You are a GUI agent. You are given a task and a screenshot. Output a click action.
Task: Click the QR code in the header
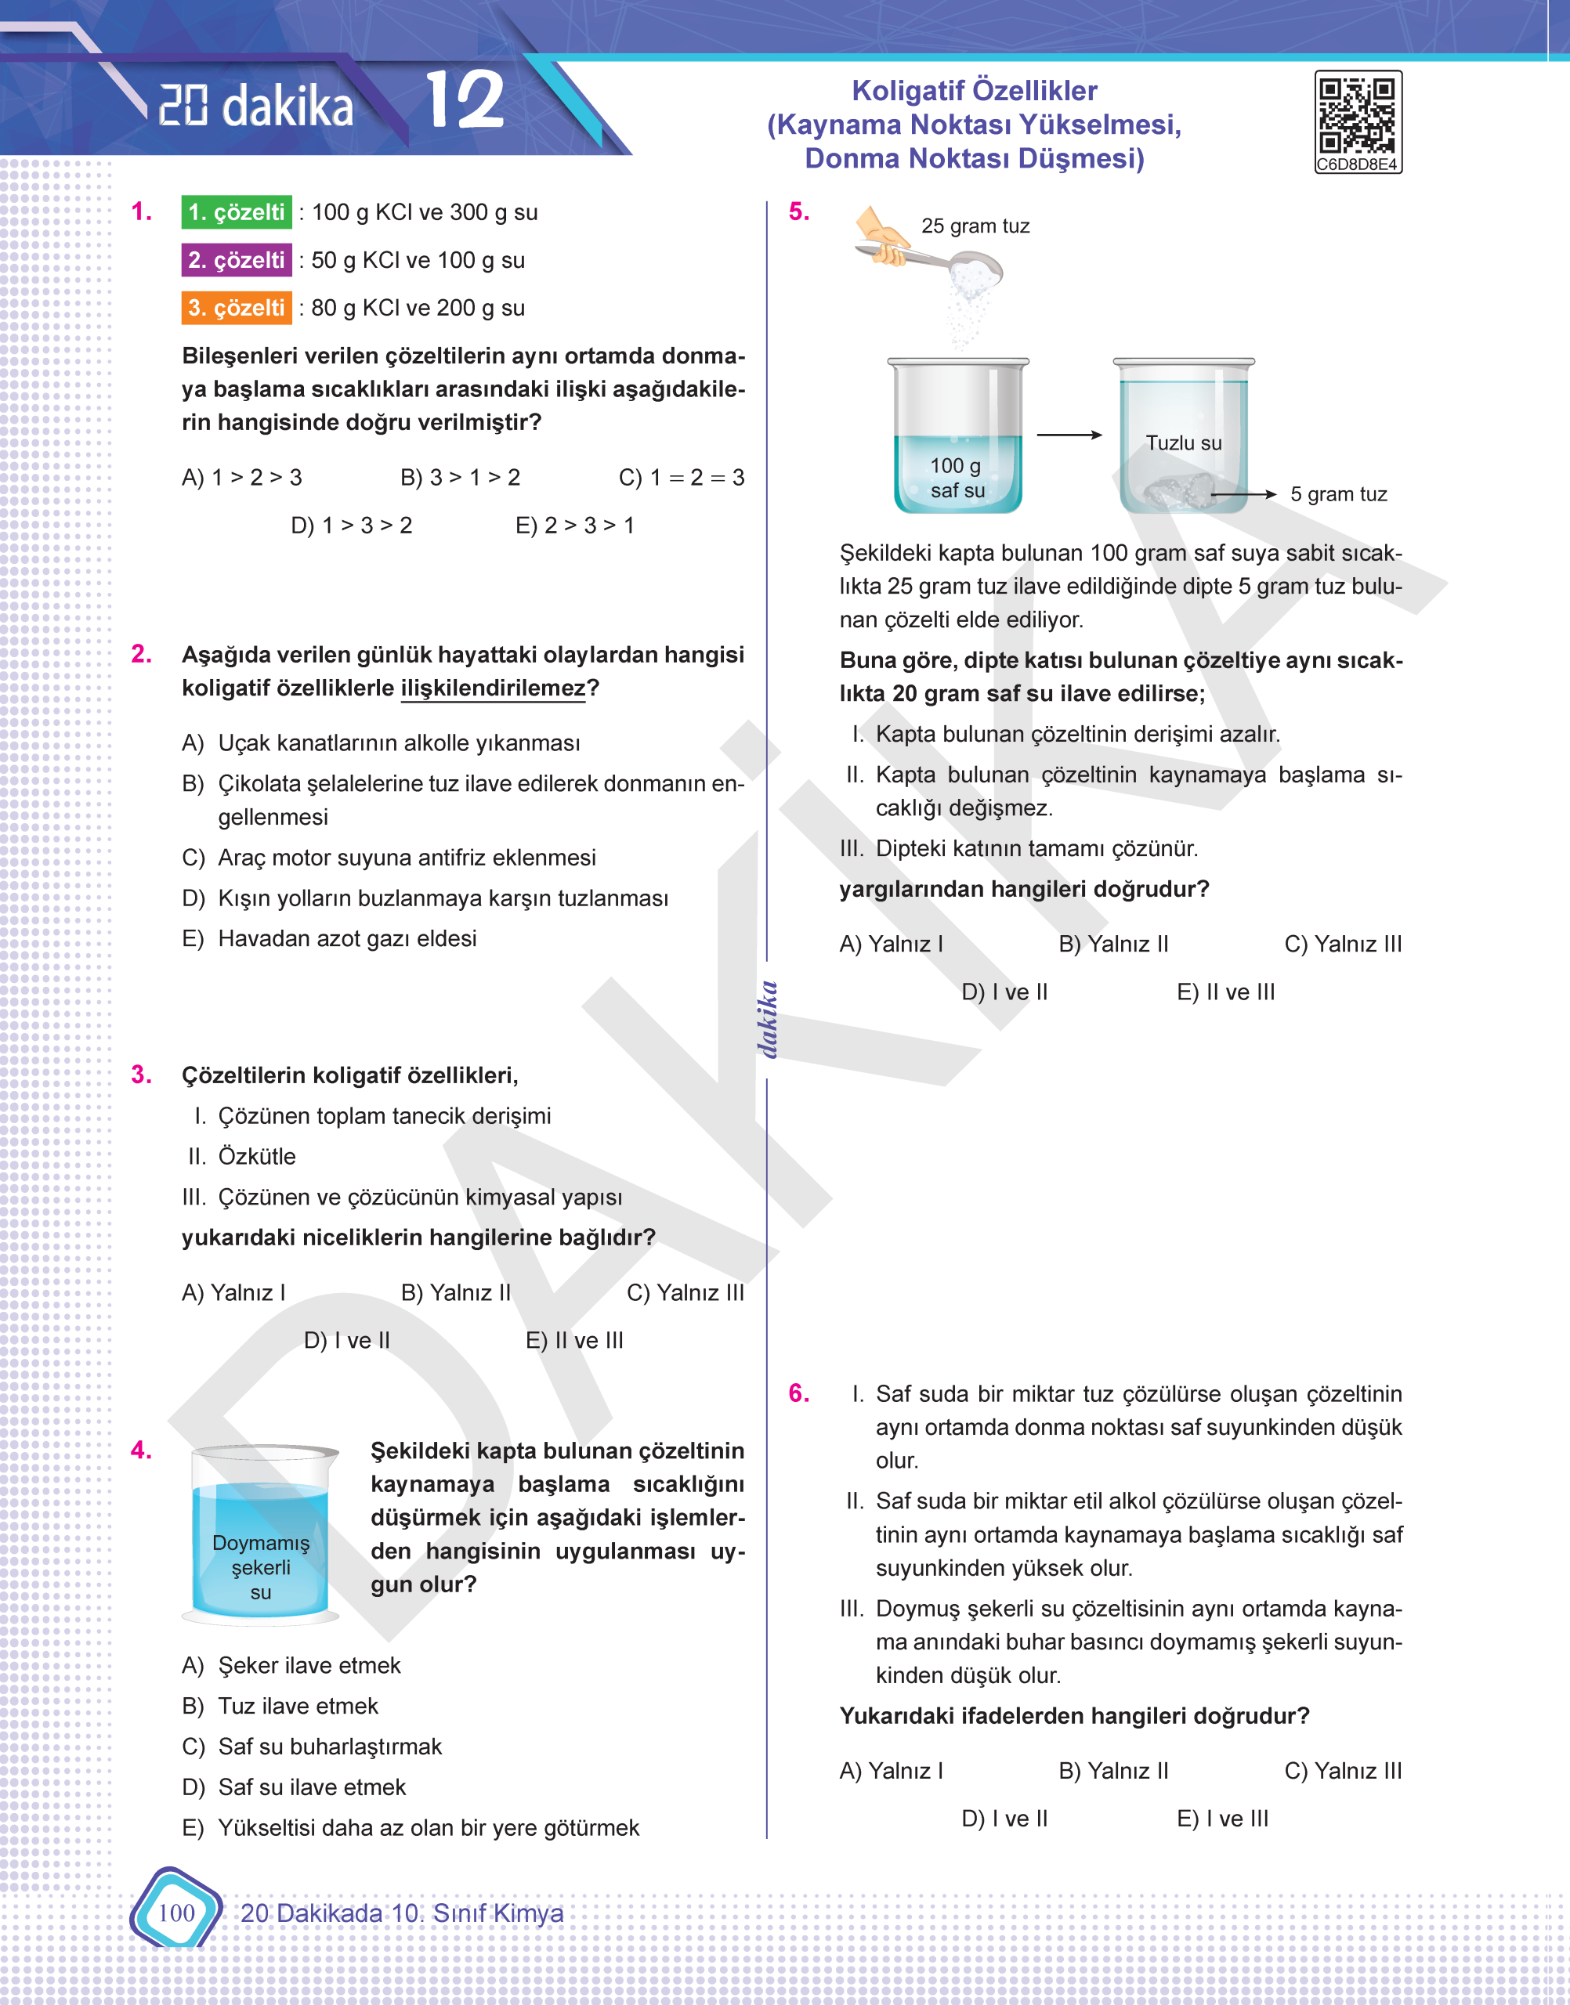point(1357,115)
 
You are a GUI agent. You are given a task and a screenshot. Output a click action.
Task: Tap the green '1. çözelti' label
point(237,212)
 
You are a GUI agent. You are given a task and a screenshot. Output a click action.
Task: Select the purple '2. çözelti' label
point(237,260)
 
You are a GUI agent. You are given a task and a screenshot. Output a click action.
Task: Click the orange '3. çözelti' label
point(237,308)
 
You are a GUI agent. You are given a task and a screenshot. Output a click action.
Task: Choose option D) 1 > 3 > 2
point(351,526)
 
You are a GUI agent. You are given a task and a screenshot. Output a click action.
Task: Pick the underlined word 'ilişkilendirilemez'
point(493,688)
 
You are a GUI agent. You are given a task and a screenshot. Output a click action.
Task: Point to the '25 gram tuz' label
point(975,226)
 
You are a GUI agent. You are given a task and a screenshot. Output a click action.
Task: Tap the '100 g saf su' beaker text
point(957,478)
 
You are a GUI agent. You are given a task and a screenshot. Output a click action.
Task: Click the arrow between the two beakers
point(1069,435)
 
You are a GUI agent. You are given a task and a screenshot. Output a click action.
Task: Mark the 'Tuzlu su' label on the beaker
point(1183,443)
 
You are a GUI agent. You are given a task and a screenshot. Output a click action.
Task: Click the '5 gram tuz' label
point(1338,494)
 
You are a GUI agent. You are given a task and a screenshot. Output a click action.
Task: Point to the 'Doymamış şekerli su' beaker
point(261,1544)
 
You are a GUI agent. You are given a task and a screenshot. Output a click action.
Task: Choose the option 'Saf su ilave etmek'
point(312,1787)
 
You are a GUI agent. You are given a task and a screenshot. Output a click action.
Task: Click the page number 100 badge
point(176,1913)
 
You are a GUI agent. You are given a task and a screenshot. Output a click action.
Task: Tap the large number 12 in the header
point(465,101)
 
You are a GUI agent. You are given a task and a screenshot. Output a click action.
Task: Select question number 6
point(799,1393)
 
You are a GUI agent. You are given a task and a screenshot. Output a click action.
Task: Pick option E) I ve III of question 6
point(1221,1819)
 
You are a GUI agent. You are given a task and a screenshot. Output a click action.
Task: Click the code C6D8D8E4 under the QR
point(1357,165)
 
